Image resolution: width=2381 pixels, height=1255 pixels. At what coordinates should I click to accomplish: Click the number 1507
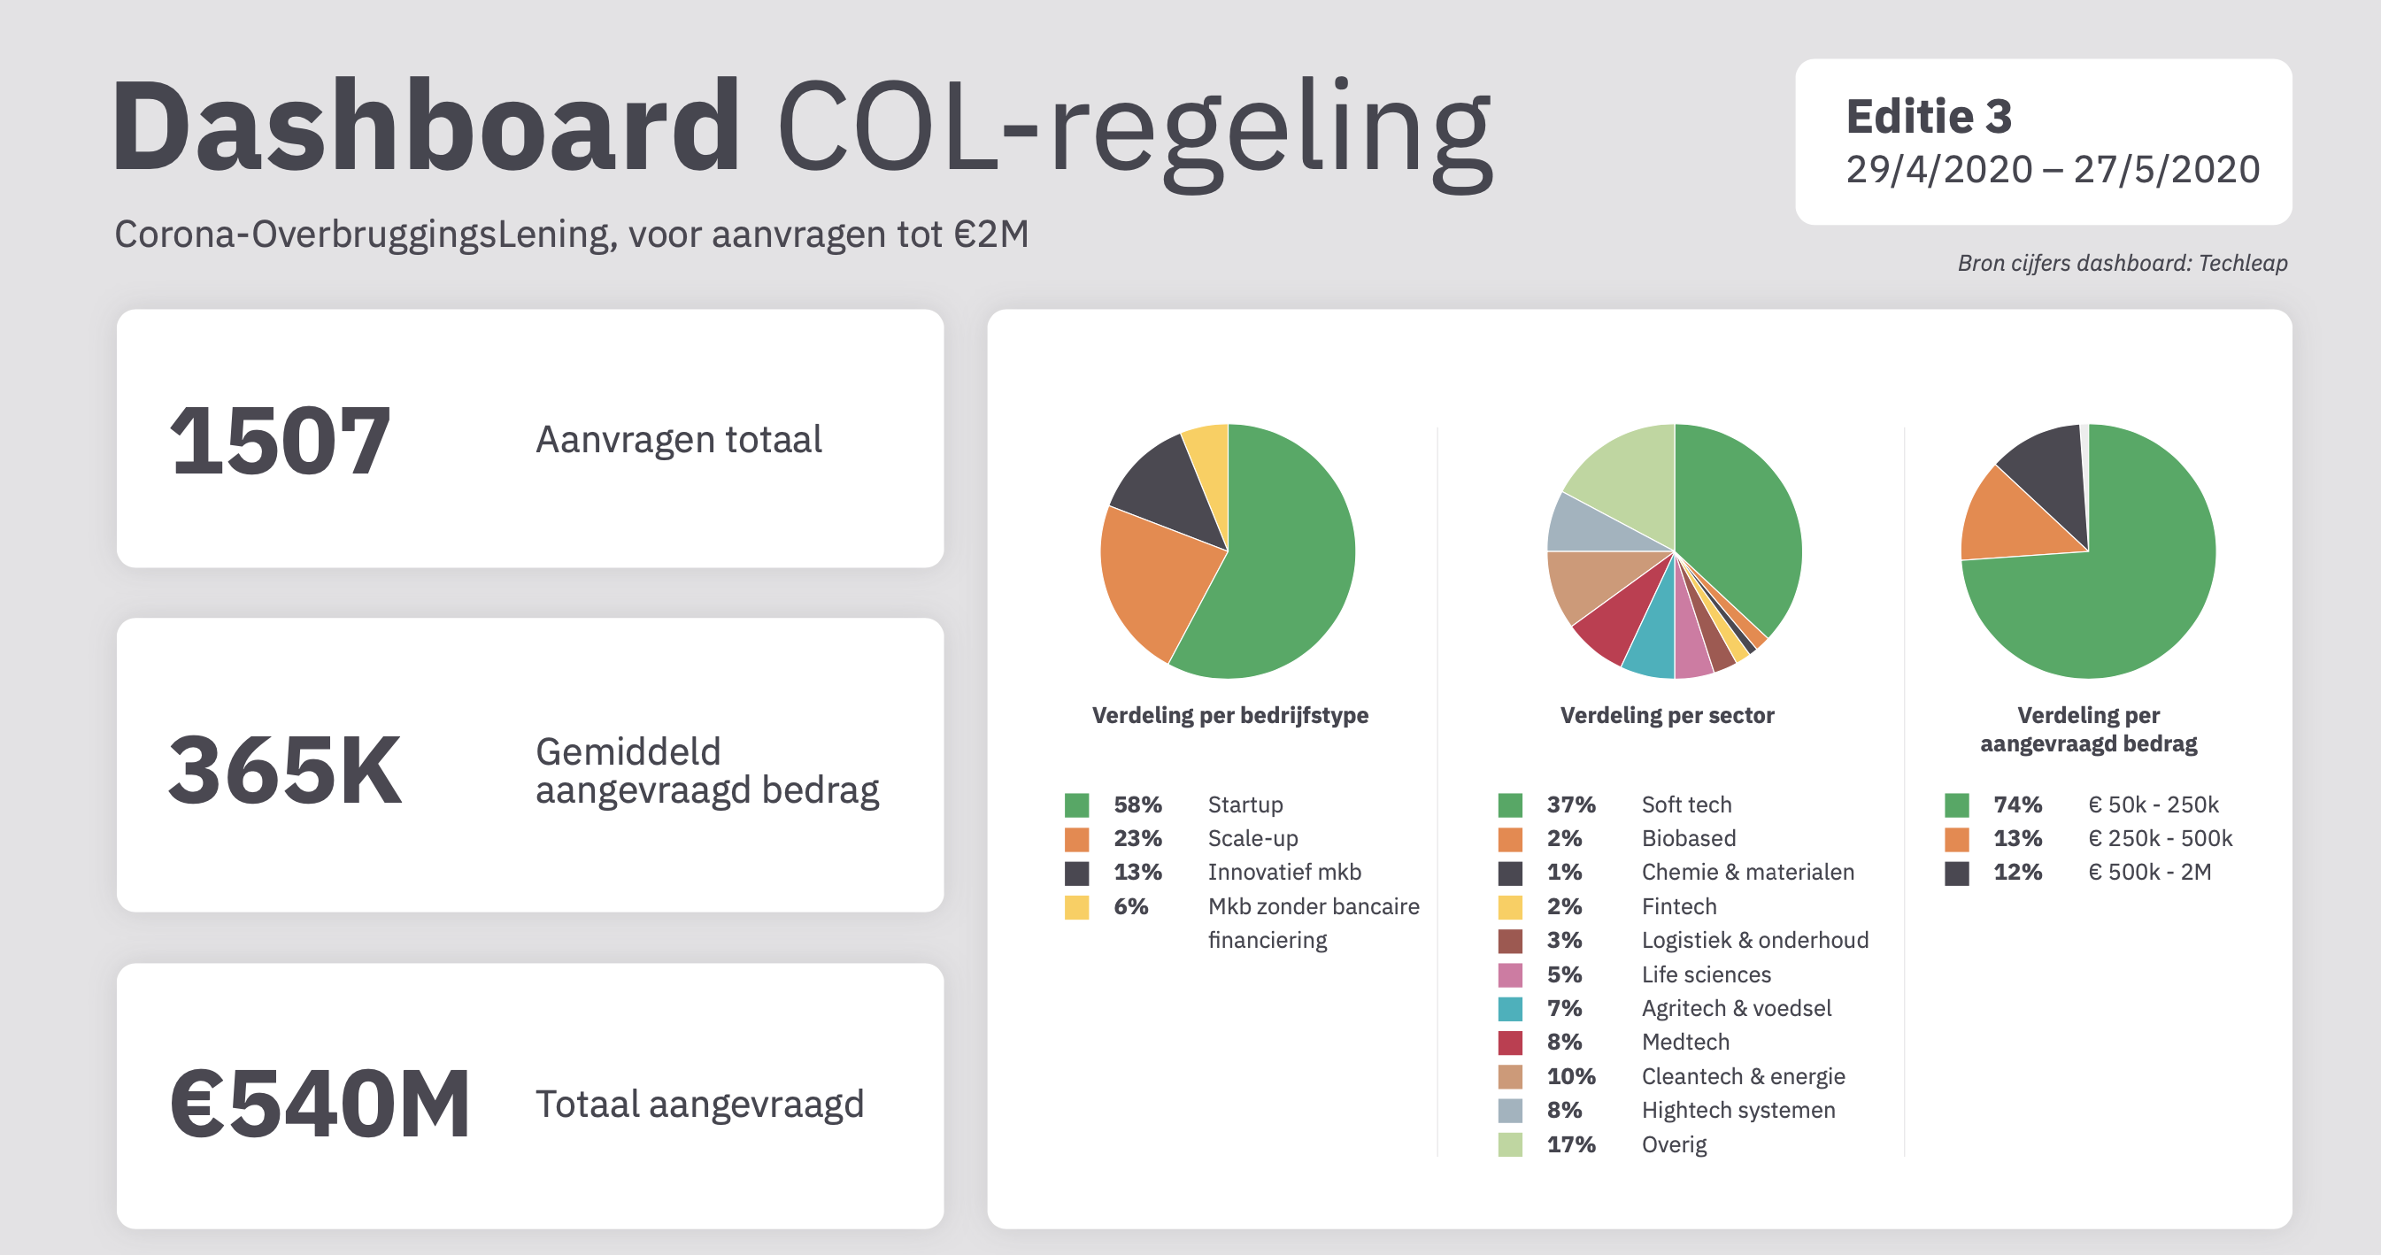[x=280, y=441]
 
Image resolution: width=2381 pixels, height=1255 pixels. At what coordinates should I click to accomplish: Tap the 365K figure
[x=285, y=770]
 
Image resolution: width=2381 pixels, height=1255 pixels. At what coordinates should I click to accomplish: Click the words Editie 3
[x=1928, y=118]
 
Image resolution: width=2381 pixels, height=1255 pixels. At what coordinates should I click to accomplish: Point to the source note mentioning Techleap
[x=2123, y=264]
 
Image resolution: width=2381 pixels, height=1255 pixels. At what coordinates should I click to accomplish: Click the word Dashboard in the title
[x=425, y=127]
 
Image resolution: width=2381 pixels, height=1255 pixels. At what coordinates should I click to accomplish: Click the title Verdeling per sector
[x=1667, y=715]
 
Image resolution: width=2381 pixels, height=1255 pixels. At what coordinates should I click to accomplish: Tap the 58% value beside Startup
[x=1137, y=805]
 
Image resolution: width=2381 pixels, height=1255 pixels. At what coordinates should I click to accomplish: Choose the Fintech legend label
[x=1678, y=906]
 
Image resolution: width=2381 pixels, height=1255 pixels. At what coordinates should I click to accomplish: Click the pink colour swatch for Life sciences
[x=1510, y=975]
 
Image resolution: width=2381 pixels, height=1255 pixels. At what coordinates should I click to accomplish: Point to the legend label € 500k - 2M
[x=2149, y=873]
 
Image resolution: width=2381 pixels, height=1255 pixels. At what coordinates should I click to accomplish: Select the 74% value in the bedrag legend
[x=2017, y=805]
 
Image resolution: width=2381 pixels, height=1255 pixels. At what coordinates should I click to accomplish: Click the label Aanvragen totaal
[x=678, y=440]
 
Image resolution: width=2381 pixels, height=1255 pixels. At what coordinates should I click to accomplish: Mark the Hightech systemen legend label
[x=1738, y=1110]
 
